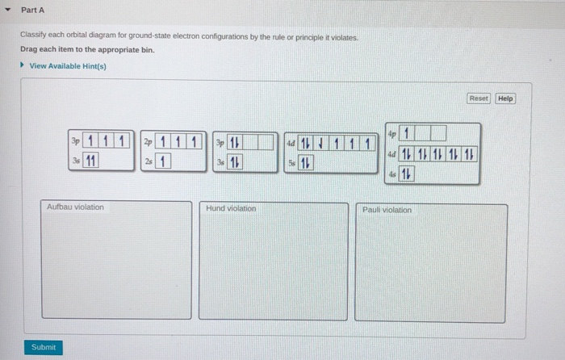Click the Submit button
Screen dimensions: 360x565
tap(44, 347)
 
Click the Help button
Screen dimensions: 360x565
tap(505, 98)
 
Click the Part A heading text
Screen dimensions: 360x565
tap(32, 10)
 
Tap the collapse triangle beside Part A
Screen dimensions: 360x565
tap(7, 10)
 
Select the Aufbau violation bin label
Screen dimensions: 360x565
tap(75, 207)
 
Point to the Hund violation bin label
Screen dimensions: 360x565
tap(231, 208)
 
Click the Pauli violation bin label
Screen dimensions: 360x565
tap(387, 210)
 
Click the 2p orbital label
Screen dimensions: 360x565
tap(148, 142)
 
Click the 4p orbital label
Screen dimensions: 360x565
tap(391, 132)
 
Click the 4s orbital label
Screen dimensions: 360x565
tap(391, 174)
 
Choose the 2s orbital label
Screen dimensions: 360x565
tap(148, 161)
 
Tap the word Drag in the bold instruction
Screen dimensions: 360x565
tap(29, 50)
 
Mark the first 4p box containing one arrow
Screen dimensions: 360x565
tap(408, 132)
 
